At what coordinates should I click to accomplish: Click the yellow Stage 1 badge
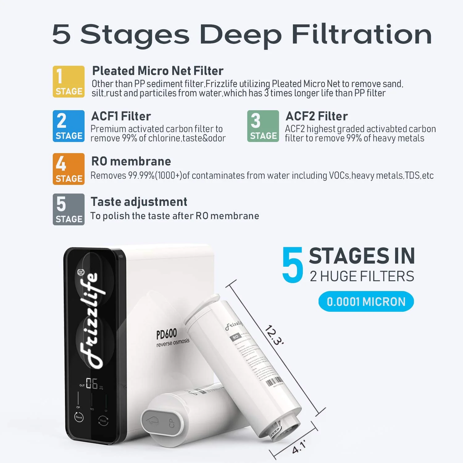coord(69,81)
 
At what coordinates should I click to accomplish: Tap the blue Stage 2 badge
coord(69,126)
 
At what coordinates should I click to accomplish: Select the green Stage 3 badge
coord(263,126)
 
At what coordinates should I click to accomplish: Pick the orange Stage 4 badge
coord(69,169)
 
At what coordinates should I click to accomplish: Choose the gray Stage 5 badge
coord(69,209)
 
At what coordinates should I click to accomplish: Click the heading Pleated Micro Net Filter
coord(158,71)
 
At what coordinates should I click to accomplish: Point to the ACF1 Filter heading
coord(121,116)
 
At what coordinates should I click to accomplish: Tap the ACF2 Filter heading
coord(317,116)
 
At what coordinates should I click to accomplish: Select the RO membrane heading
coord(131,161)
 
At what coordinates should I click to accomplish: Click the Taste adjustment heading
coord(139,202)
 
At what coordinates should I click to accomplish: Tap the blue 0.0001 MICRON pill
coord(366,302)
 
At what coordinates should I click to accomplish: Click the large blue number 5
coord(293,265)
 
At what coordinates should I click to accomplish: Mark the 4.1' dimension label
coord(299,447)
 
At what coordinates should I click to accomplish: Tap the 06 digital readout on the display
coord(92,384)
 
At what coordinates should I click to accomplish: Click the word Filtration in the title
coord(362,35)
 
